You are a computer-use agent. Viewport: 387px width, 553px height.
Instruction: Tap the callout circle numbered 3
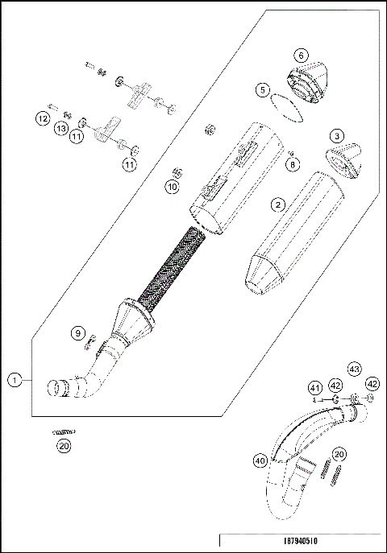[336, 136]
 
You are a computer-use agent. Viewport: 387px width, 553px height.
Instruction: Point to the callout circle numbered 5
[263, 91]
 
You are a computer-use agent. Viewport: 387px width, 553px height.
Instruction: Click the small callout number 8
[291, 163]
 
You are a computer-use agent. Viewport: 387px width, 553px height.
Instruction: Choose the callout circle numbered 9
[77, 332]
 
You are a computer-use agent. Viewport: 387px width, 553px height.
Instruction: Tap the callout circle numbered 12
[42, 118]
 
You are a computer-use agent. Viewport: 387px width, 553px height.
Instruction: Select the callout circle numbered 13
[61, 128]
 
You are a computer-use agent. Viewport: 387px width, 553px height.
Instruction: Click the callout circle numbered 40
[259, 461]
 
